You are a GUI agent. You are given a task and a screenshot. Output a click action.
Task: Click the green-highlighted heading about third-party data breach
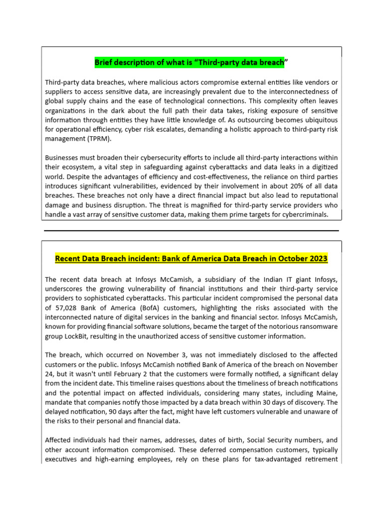point(191,63)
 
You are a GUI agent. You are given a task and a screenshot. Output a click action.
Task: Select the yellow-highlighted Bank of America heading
point(191,258)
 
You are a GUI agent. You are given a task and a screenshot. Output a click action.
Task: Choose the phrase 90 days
point(139,412)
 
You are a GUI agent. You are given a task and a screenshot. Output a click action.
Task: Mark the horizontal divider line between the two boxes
point(191,231)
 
